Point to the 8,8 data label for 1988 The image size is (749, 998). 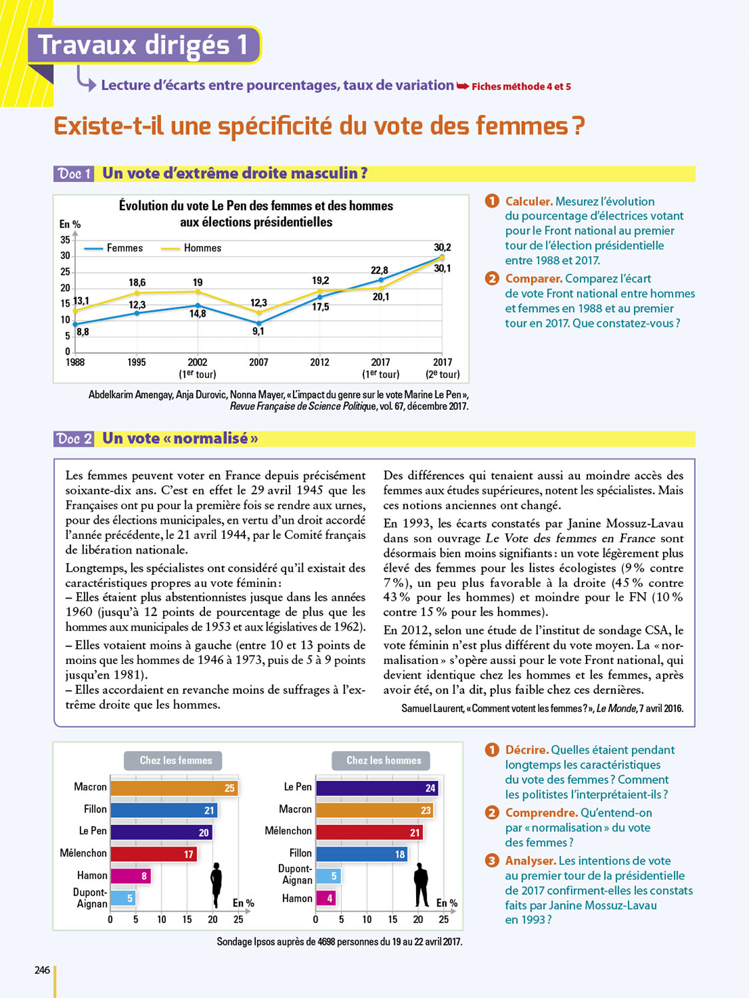point(83,331)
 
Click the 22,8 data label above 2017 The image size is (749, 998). point(379,270)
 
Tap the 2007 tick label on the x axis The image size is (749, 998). point(258,363)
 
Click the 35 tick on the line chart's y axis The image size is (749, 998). point(65,240)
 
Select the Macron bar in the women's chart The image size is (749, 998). point(174,788)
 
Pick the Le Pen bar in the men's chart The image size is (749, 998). point(376,788)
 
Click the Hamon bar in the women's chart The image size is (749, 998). point(130,876)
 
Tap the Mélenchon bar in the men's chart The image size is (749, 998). point(369,832)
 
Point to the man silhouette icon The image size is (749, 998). point(421,885)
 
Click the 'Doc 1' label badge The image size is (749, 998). point(74,174)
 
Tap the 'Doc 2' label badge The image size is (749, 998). point(74,439)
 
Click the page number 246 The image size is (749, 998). point(42,970)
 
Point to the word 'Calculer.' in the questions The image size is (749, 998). point(529,202)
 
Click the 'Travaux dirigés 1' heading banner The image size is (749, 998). point(144,45)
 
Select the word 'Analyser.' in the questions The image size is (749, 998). point(531,861)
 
